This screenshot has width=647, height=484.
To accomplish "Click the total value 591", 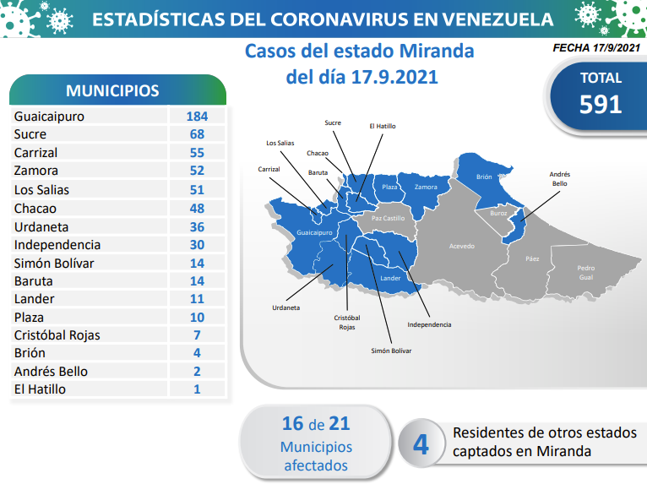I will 601,104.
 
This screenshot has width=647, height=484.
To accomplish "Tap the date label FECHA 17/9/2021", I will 596,48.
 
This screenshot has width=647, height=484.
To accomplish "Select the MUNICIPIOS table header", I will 112,90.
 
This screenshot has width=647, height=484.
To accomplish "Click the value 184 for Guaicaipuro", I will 197,116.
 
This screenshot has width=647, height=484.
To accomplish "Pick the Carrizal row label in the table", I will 36,153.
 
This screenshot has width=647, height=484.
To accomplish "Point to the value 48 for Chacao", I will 197,208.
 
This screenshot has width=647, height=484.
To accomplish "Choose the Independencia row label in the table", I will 57,245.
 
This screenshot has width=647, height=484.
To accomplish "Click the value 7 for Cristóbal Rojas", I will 197,335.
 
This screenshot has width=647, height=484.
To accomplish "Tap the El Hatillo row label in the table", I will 40,389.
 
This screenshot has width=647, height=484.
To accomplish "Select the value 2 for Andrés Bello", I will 197,372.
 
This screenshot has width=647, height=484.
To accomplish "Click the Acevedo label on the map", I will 461,246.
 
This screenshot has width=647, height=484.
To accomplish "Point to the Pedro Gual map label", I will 586,272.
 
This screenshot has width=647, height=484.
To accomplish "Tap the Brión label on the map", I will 484,177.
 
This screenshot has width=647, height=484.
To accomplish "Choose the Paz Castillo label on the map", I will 389,218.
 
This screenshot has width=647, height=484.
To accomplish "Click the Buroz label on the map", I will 498,214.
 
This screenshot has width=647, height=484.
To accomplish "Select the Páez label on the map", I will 532,258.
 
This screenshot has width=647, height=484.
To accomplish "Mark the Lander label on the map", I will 390,277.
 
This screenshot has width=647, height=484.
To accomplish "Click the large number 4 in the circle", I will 420,443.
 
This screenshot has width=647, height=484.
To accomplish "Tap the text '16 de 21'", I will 316,423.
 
